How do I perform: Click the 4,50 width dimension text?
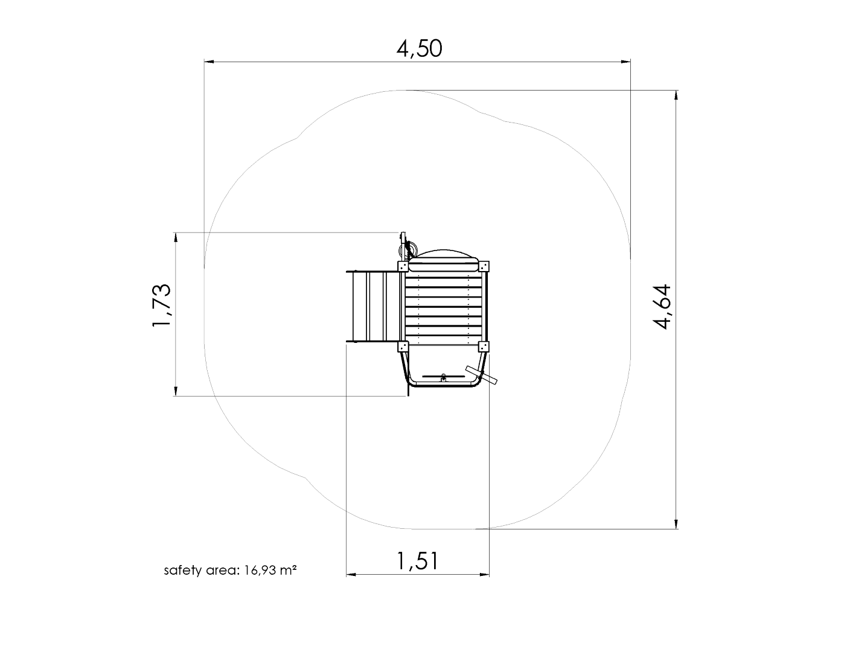point(419,49)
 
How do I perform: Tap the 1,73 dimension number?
point(161,305)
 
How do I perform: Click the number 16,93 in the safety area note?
point(260,570)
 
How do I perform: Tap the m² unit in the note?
point(289,570)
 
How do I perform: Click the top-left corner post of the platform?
point(403,266)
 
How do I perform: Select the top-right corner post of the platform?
point(484,266)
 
